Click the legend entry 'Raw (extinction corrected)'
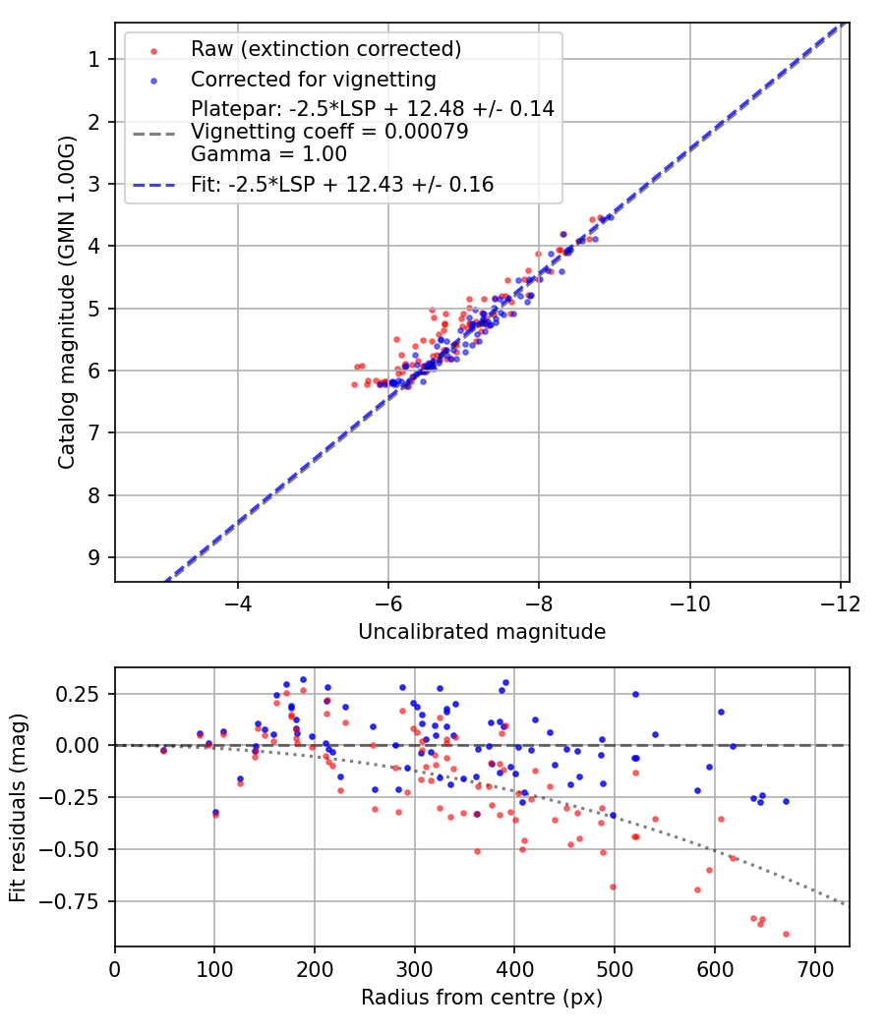[325, 49]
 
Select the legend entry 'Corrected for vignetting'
[314, 79]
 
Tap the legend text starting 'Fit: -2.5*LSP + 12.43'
[342, 184]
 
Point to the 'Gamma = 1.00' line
[268, 154]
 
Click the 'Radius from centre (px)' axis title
[482, 998]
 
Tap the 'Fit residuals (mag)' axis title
[19, 807]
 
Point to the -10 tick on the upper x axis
[689, 602]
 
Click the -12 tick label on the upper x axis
[840, 602]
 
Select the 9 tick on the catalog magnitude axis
[94, 557]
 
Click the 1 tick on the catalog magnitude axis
[94, 59]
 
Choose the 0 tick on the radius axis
[115, 967]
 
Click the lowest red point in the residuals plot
[786, 934]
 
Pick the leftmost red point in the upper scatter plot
[354, 384]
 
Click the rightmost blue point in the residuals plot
[786, 801]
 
